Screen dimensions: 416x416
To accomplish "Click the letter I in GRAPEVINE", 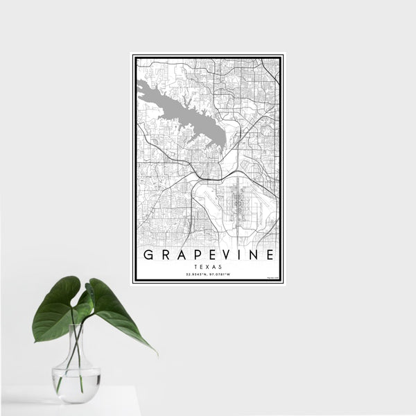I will click(x=239, y=254).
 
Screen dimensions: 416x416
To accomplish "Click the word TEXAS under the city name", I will click(x=208, y=266).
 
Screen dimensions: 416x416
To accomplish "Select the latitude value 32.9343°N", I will click(x=196, y=275).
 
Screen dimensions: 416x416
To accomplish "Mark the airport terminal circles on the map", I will click(x=238, y=201).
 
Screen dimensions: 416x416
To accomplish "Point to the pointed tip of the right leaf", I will click(x=156, y=353).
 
